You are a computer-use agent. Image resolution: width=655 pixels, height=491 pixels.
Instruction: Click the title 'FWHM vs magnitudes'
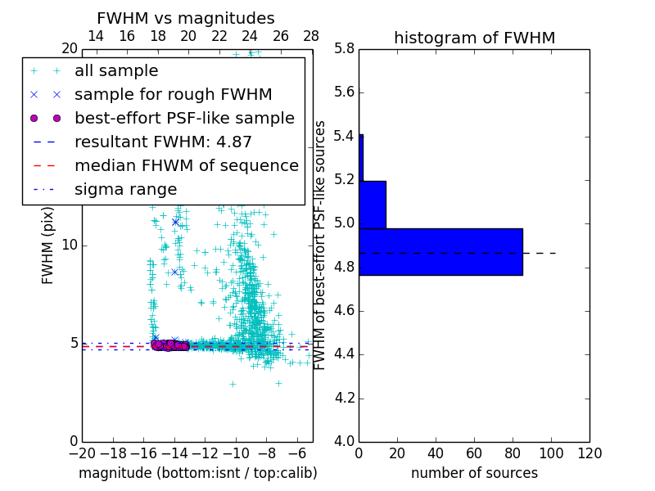click(x=185, y=19)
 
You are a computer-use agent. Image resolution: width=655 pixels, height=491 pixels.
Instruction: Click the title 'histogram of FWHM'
click(x=474, y=38)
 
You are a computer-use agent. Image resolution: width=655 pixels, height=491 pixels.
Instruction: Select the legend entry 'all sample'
click(x=116, y=71)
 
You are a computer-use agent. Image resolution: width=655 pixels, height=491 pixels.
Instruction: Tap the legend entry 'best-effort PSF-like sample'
click(x=184, y=119)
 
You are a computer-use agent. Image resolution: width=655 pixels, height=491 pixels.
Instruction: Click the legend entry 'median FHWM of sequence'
click(x=186, y=166)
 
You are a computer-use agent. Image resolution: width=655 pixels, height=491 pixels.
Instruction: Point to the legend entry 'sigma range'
click(x=125, y=190)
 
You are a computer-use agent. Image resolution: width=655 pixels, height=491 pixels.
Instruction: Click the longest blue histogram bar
click(x=440, y=251)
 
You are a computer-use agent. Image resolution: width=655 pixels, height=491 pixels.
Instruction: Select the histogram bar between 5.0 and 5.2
click(x=372, y=205)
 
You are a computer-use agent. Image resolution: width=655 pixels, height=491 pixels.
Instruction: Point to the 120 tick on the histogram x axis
click(x=589, y=453)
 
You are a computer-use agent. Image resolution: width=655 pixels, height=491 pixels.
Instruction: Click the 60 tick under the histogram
click(x=474, y=453)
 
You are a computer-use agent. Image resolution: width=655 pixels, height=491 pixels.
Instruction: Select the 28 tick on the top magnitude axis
click(x=311, y=36)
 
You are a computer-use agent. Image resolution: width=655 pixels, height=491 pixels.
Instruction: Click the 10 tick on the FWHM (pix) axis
click(x=70, y=245)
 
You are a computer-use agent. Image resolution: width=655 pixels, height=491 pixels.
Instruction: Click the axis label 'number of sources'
click(x=474, y=473)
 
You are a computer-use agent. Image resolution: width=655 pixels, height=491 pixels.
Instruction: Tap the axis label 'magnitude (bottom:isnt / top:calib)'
click(x=197, y=473)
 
